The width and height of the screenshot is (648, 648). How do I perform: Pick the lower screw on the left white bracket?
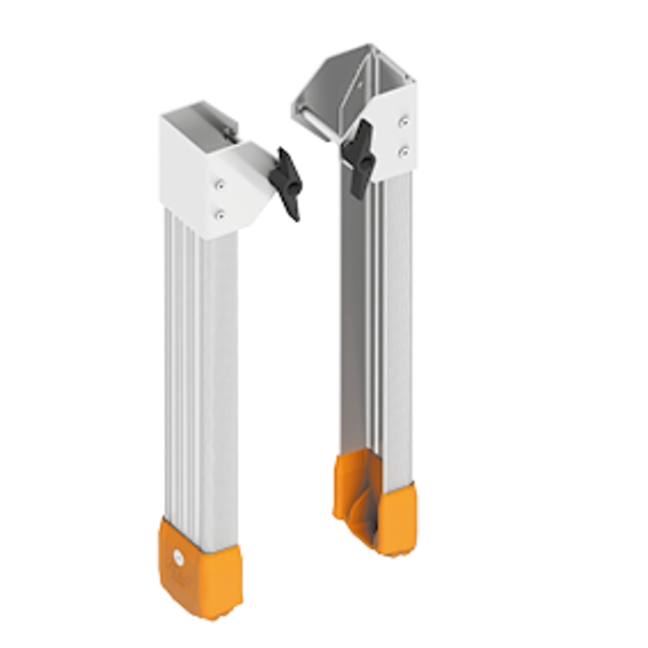click(x=221, y=214)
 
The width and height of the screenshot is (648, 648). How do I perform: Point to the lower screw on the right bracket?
click(x=403, y=151)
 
